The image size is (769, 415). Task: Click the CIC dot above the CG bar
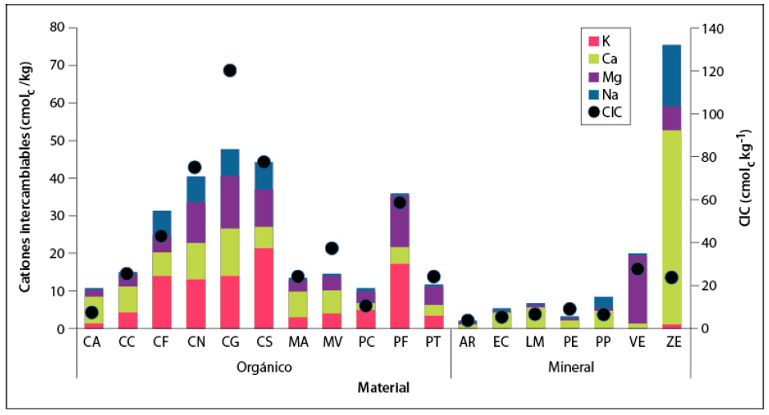[x=230, y=71]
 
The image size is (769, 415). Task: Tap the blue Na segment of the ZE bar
[x=671, y=75]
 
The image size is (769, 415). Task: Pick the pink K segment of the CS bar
[x=264, y=288]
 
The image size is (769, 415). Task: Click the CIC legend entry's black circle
[x=594, y=113]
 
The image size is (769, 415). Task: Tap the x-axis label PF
[x=400, y=342]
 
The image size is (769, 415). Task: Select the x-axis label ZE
[x=671, y=342]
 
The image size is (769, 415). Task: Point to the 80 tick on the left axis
[x=56, y=28]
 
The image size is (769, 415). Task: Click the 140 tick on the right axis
[x=711, y=28]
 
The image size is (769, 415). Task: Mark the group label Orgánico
[x=264, y=368]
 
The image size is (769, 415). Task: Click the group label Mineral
[x=570, y=368]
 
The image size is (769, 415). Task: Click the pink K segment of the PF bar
[x=400, y=296]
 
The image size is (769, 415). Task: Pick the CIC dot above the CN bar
[x=195, y=167]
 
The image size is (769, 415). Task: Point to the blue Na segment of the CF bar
[x=162, y=223]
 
